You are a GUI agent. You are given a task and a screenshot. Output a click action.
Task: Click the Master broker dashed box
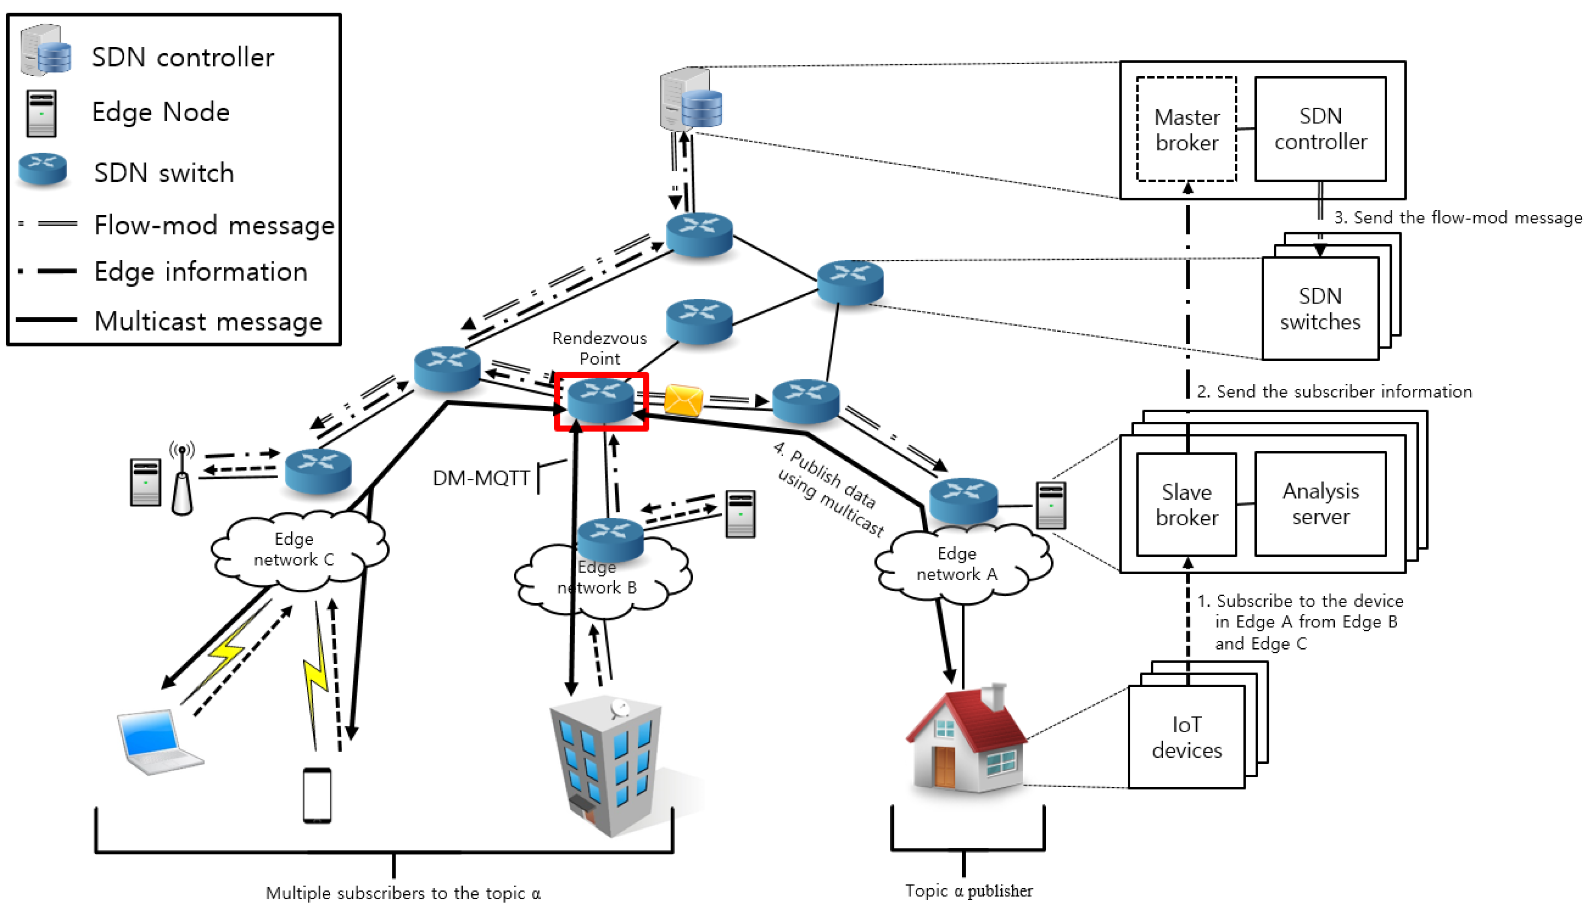(x=1186, y=129)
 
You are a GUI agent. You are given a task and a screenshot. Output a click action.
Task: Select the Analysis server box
(x=1320, y=504)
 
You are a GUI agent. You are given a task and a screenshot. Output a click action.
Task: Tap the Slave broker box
(x=1186, y=504)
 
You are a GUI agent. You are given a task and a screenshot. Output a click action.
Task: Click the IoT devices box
(x=1186, y=737)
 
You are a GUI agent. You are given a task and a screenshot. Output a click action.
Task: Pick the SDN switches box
(x=1320, y=309)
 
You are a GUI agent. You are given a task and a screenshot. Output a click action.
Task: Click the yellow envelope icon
(x=683, y=400)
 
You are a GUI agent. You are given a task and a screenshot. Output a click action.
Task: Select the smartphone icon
(x=317, y=795)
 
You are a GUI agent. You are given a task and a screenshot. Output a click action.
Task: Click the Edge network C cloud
(x=295, y=550)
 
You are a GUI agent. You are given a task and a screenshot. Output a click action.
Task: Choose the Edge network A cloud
(x=959, y=564)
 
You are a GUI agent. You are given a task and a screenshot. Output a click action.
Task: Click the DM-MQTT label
(x=481, y=478)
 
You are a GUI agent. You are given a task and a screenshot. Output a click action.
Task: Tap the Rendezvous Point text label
(x=599, y=348)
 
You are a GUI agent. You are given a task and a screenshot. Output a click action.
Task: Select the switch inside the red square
(x=600, y=400)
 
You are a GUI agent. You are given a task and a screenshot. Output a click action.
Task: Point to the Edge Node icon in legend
(x=42, y=113)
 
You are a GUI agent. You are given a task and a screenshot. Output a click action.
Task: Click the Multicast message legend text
(x=208, y=321)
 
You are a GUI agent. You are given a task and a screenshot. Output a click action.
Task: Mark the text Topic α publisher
(x=968, y=890)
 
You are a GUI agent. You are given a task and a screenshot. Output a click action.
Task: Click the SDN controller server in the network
(x=690, y=100)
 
